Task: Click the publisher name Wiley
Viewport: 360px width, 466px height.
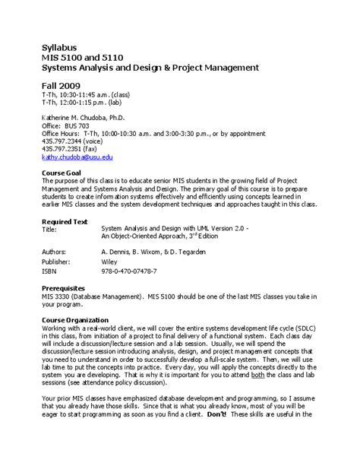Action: (109, 260)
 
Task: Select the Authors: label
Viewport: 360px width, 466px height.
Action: (54, 250)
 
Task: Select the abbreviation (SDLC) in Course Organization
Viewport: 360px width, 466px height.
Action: (303, 328)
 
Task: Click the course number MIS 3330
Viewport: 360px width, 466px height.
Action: (56, 296)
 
